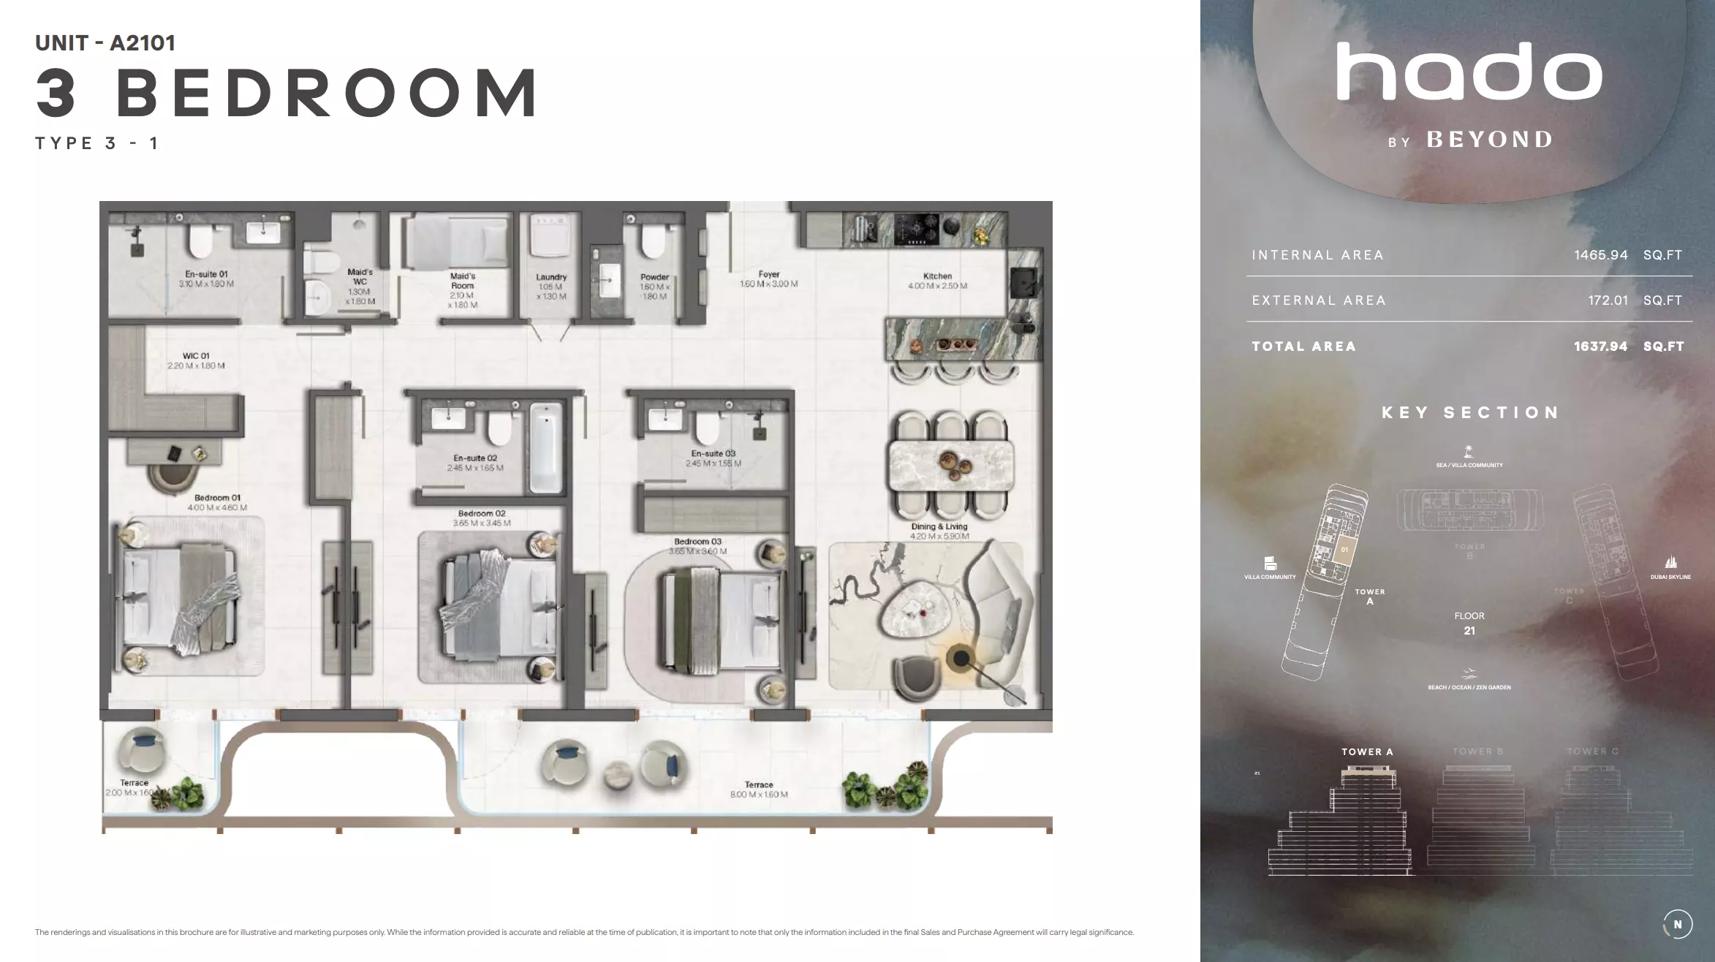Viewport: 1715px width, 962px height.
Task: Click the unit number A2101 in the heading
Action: (x=143, y=43)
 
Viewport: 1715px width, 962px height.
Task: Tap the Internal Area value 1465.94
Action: (x=1601, y=255)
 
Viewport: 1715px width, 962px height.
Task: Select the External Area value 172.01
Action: (x=1608, y=300)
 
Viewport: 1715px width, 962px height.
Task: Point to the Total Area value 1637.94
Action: (x=1600, y=346)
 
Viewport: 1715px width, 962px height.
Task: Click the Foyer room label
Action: (x=768, y=275)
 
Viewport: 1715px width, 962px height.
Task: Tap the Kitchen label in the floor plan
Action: (x=937, y=276)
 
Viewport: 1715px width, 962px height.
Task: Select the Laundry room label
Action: (x=551, y=278)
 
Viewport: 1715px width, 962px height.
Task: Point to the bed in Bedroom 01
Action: (x=180, y=599)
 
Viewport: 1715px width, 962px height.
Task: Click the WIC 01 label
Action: (x=196, y=356)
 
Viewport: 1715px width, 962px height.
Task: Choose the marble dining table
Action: (x=950, y=465)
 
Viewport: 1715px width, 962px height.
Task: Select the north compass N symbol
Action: (x=1678, y=925)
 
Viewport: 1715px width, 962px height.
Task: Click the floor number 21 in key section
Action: (x=1469, y=631)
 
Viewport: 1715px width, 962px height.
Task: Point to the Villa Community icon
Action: (x=1270, y=564)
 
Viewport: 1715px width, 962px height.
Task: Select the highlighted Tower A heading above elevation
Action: (x=1367, y=751)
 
